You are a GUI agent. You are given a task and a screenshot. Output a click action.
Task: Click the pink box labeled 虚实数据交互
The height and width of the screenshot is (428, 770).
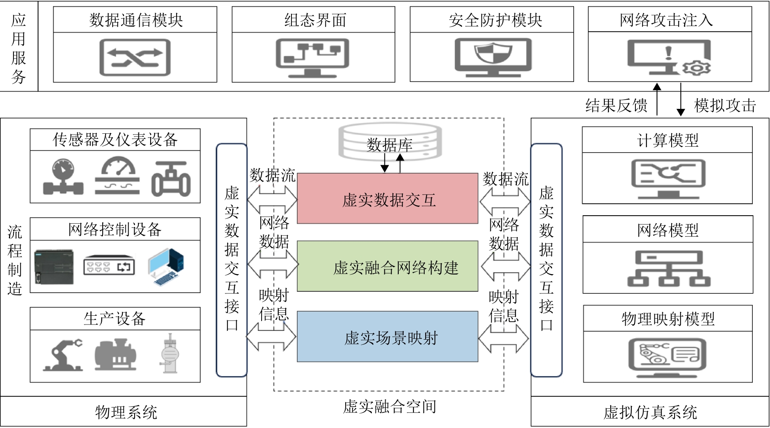coord(387,198)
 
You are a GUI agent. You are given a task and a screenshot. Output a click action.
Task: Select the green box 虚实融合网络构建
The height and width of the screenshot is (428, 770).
coord(387,266)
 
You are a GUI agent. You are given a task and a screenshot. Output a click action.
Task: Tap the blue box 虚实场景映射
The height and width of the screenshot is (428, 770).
coord(387,336)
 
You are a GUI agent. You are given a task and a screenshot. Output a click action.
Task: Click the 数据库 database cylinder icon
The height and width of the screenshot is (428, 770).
coord(390,142)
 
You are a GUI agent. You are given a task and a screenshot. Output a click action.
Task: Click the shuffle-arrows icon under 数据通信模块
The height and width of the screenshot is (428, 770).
coord(135,57)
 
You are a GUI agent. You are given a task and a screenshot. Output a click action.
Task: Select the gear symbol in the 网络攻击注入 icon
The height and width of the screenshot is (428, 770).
coord(696,68)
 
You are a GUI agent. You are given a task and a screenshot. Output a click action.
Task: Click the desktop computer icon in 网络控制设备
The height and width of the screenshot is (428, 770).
coord(166,267)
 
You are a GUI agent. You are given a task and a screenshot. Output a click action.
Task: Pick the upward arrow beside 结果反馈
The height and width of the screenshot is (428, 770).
coord(657,99)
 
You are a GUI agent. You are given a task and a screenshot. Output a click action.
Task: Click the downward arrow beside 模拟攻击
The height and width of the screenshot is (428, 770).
coord(680,99)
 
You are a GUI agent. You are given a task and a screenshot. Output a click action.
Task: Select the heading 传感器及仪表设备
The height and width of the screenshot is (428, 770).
coord(115,140)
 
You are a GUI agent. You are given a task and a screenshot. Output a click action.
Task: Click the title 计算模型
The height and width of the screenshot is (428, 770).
coord(667,140)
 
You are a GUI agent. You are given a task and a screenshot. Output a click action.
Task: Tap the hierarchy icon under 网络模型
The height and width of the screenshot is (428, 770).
coord(668,269)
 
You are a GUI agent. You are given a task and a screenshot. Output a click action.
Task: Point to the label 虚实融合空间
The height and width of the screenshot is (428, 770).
coord(389,407)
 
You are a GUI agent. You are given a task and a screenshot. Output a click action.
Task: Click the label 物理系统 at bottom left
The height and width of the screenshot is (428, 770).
coord(126,412)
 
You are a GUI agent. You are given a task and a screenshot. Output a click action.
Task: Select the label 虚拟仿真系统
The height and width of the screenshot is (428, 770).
coord(650,412)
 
